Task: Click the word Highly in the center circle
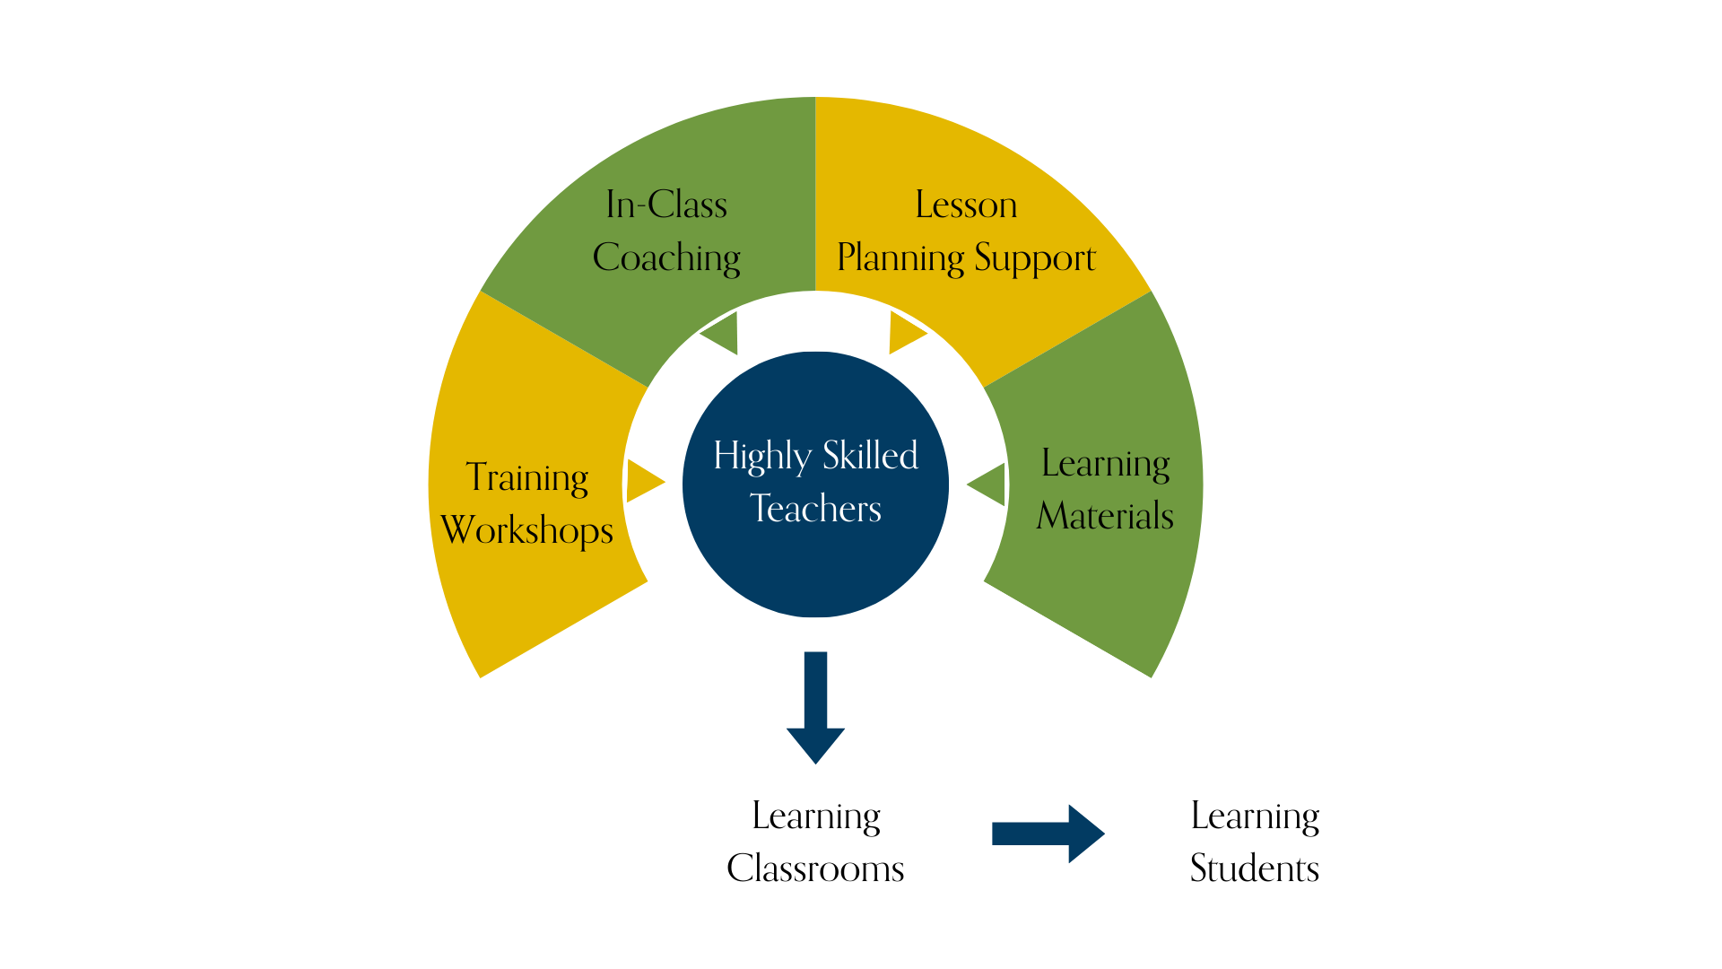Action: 761,457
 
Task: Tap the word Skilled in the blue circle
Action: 870,456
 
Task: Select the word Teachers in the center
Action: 815,509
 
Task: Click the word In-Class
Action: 665,205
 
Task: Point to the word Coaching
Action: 666,258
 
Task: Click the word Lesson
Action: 966,205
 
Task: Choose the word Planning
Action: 900,258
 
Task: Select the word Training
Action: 527,477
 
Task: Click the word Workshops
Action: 527,530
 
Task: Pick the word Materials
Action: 1105,516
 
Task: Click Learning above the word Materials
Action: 1105,464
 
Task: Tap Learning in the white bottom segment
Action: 815,816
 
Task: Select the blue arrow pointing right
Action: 1049,834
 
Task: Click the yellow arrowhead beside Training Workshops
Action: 643,482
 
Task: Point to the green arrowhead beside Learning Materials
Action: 989,484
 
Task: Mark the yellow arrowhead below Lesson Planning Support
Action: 905,333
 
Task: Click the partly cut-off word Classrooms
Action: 812,863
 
